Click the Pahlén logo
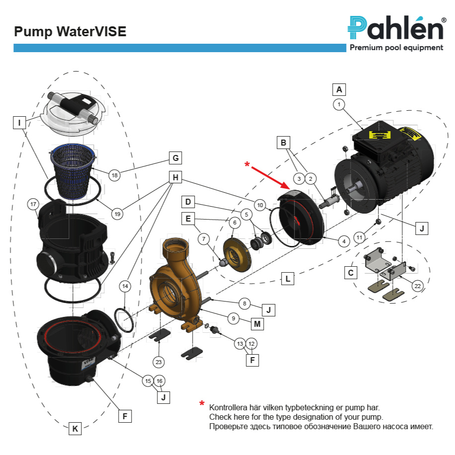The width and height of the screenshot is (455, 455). (x=396, y=27)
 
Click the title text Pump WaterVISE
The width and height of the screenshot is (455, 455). (x=70, y=32)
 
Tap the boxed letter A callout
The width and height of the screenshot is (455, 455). (x=339, y=89)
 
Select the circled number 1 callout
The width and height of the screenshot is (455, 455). (x=339, y=104)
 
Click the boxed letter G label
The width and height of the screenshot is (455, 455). (x=175, y=158)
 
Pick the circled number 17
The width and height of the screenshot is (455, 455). (x=34, y=204)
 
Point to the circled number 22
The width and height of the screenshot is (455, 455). (x=417, y=286)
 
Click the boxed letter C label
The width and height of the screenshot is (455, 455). (x=351, y=273)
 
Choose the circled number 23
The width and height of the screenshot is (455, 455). (x=159, y=362)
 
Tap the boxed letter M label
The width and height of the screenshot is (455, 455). (x=257, y=324)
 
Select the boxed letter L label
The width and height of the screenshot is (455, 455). (x=288, y=279)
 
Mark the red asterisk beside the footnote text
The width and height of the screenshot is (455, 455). (x=202, y=404)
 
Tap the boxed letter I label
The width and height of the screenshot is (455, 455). (x=19, y=122)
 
